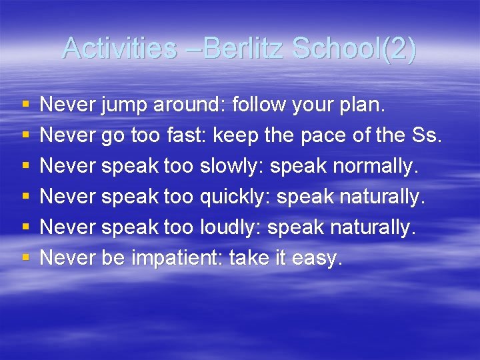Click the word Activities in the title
pos(118,48)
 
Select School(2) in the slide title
pos(353,48)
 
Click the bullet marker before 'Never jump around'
pos(25,105)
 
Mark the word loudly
pos(231,227)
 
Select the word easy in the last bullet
pos(316,258)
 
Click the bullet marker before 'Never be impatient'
pos(25,258)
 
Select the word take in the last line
pos(251,258)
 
